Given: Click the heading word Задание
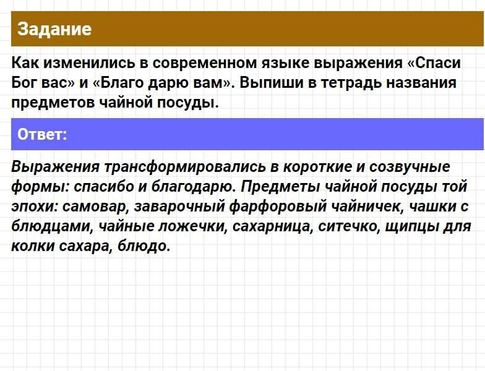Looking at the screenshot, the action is [x=54, y=29].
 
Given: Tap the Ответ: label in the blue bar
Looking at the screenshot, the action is [x=42, y=134].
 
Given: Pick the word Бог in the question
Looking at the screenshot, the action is [x=24, y=83].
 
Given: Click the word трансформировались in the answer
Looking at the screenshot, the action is [x=185, y=167].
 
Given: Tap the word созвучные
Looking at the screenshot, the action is [x=410, y=168].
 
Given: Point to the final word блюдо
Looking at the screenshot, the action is [x=144, y=247].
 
